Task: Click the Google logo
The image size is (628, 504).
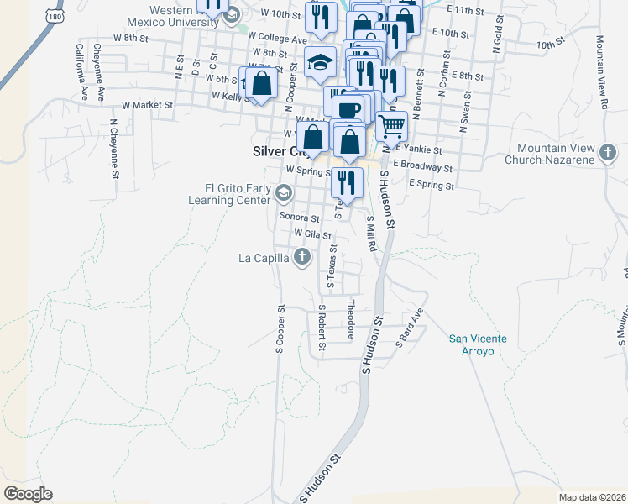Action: [x=28, y=494]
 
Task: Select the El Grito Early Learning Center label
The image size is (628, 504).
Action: [x=233, y=195]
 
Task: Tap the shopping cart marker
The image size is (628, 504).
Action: [x=391, y=127]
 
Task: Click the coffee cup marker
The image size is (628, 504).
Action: [x=348, y=109]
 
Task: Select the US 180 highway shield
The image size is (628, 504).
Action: [x=55, y=16]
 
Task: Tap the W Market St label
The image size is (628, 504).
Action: [x=147, y=106]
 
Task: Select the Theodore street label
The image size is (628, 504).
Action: [x=351, y=319]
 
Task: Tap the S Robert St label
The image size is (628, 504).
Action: [x=322, y=328]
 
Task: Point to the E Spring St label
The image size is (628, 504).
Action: [x=432, y=185]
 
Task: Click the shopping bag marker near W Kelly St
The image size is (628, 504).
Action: [x=262, y=83]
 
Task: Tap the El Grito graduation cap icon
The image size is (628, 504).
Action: [x=283, y=195]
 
